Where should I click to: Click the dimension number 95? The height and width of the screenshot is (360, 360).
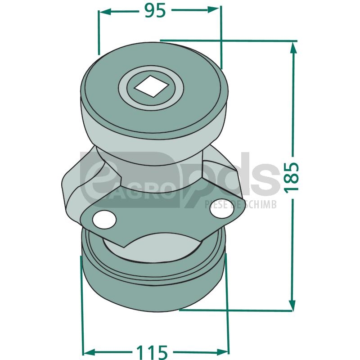pyautogui.click(x=155, y=11)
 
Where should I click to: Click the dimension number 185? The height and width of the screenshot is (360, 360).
pyautogui.click(x=292, y=176)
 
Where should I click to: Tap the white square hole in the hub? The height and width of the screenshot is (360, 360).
pyautogui.click(x=151, y=86)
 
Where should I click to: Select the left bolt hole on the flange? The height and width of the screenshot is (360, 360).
pyautogui.click(x=104, y=220)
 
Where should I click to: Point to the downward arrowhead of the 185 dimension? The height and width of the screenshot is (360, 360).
pyautogui.click(x=292, y=304)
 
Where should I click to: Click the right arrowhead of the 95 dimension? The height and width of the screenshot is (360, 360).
pyautogui.click(x=213, y=9)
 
